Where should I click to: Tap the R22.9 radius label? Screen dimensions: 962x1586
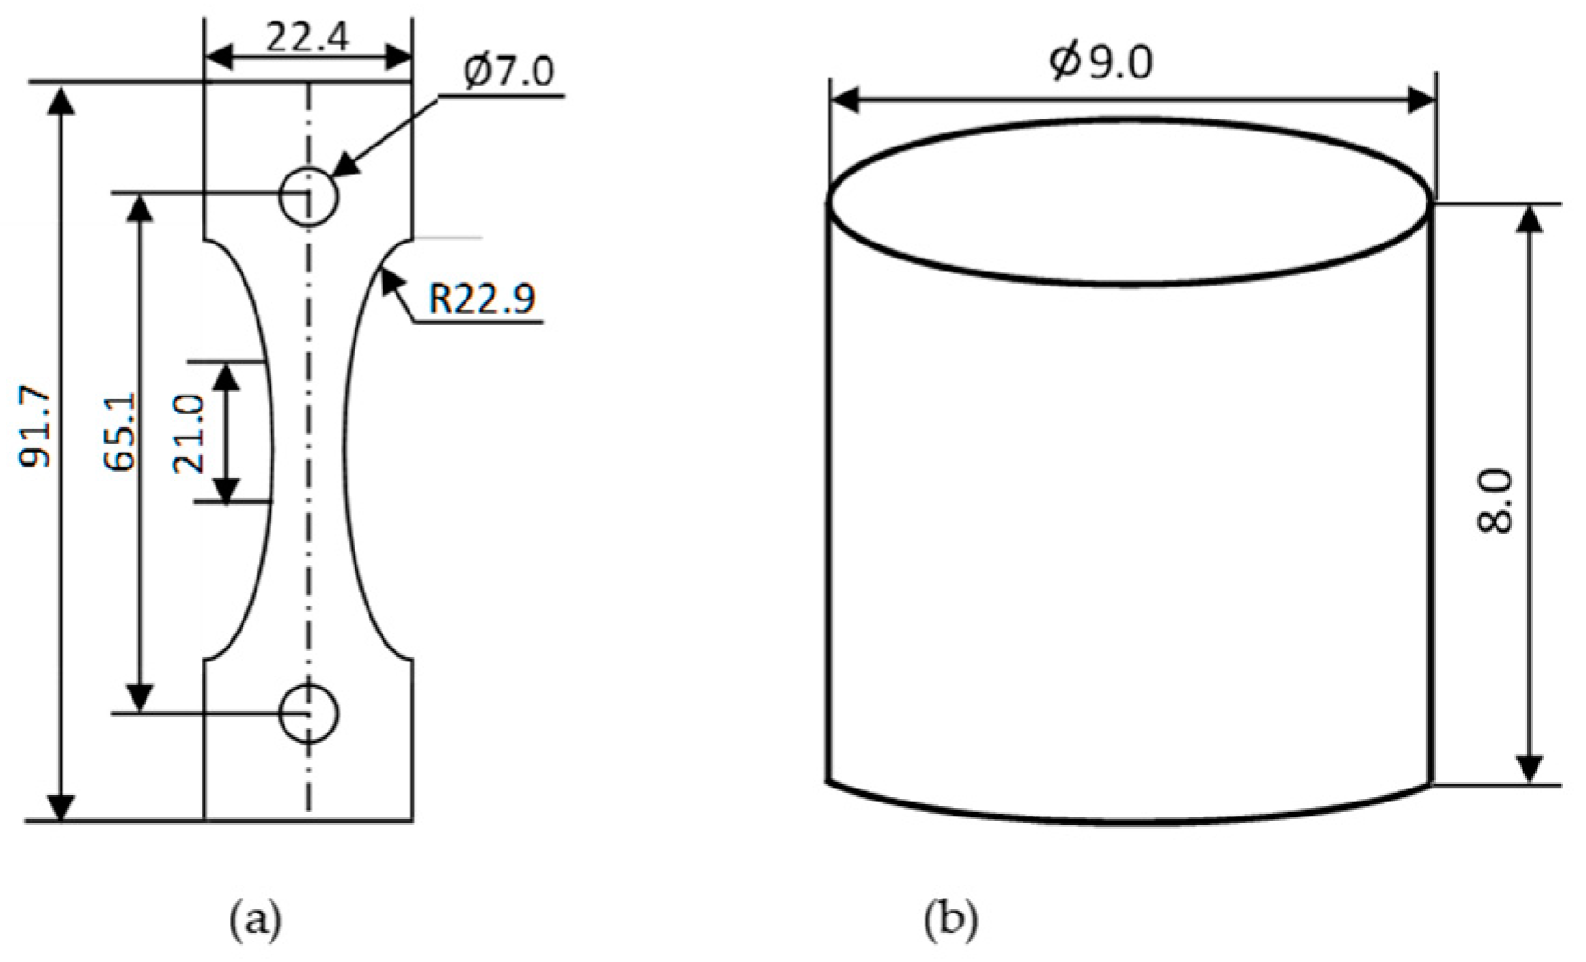tap(481, 300)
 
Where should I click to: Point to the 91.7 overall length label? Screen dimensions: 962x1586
tap(40, 427)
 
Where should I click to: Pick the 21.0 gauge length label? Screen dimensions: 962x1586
tap(189, 433)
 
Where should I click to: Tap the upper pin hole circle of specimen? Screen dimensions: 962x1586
tap(309, 197)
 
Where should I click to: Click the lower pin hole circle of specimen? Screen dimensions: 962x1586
tap(309, 714)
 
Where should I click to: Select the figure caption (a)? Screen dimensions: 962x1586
tap(255, 919)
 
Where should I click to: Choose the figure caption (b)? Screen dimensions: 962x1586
tap(951, 919)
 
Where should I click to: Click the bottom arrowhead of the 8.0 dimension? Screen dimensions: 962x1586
tap(1528, 767)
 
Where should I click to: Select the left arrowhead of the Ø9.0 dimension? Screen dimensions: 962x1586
tap(845, 100)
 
